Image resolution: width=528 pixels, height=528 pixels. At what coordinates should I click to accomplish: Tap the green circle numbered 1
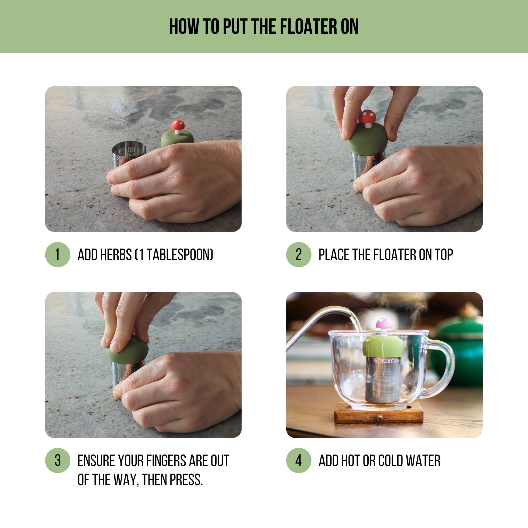pyautogui.click(x=58, y=254)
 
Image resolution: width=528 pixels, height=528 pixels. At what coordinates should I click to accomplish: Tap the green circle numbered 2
pyautogui.click(x=299, y=254)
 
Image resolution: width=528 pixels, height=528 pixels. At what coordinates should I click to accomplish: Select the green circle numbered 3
pyautogui.click(x=58, y=460)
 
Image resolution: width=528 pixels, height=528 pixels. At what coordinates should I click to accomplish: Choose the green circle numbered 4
pyautogui.click(x=299, y=460)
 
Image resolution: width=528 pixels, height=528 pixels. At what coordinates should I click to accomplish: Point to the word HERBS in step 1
pyautogui.click(x=116, y=255)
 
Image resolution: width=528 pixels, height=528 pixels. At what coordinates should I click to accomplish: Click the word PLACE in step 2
pyautogui.click(x=334, y=255)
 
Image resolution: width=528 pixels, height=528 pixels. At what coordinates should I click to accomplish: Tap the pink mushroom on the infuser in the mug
pyautogui.click(x=384, y=324)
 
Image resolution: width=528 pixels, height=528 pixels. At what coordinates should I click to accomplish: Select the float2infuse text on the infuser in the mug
pyautogui.click(x=386, y=361)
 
